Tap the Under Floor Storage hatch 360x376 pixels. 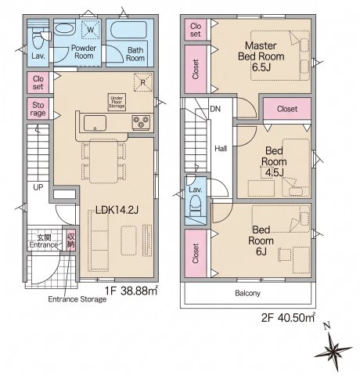click(117, 102)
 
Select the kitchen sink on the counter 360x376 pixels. click(95, 123)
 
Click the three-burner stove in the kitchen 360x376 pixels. click(141, 122)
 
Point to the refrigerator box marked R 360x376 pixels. click(142, 82)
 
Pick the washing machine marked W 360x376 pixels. click(90, 30)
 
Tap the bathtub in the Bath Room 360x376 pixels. click(128, 30)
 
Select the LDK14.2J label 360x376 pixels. click(117, 210)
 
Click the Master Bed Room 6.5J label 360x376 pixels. click(261, 56)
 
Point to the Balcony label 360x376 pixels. click(247, 293)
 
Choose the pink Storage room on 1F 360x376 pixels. click(38, 109)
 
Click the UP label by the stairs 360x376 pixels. click(38, 187)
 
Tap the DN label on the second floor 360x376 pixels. click(215, 109)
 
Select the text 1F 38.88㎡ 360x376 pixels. click(131, 291)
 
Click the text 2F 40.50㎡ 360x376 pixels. click(288, 317)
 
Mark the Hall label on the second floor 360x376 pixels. click(221, 149)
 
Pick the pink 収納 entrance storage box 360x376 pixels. click(70, 240)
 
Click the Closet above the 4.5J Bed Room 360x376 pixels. click(287, 109)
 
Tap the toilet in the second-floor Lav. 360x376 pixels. click(196, 205)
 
